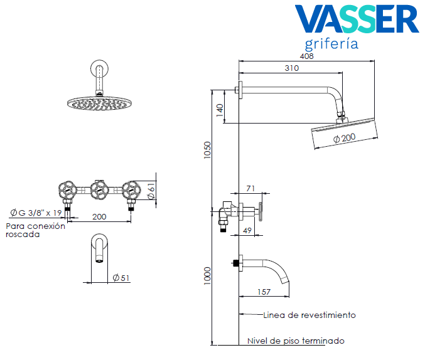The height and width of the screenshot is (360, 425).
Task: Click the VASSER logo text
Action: point(356,19)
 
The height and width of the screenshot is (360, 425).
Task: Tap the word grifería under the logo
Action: point(331,44)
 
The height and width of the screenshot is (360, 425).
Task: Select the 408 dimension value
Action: point(306,56)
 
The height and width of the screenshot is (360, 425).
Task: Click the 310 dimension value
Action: point(291,68)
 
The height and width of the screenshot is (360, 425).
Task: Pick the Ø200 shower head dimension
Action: point(344,138)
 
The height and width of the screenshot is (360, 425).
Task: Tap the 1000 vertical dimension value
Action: point(208,277)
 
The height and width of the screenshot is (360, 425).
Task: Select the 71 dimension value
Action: point(250,188)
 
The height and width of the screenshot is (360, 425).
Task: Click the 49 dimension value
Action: point(247,231)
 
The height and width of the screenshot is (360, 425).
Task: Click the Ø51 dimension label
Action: point(121,278)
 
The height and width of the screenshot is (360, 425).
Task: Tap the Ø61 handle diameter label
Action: point(151,191)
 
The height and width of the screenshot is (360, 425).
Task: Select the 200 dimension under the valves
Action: point(99,216)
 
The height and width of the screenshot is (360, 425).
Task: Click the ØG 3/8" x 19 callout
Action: point(35,212)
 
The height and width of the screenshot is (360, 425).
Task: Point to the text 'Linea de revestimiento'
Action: point(309,315)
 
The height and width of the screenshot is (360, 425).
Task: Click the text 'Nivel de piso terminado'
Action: point(296,341)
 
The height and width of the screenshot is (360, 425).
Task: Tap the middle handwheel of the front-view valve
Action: point(97,189)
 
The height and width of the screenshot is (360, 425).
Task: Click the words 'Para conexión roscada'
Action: point(35,230)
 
